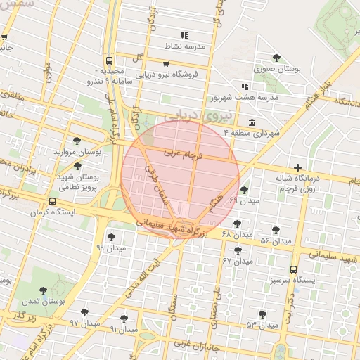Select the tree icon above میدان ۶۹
click(244, 189)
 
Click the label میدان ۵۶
click(276, 240)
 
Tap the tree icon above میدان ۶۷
click(238, 250)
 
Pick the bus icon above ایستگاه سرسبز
click(293, 269)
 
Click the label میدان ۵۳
click(262, 325)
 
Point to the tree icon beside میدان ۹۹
click(110, 237)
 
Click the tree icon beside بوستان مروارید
click(77, 141)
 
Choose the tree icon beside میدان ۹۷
click(84, 312)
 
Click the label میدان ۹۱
click(122, 328)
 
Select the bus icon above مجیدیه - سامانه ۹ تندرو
click(109, 60)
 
